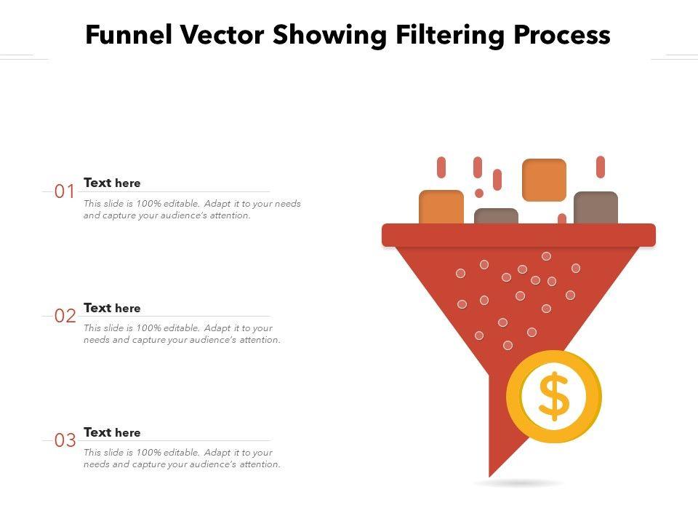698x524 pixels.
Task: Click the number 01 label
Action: click(x=65, y=192)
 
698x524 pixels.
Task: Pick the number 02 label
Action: click(x=65, y=317)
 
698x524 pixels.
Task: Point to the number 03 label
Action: click(x=65, y=441)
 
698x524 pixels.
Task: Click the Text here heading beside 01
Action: click(x=112, y=183)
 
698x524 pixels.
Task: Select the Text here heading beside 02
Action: click(x=112, y=308)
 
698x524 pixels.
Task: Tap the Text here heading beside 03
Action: click(x=112, y=432)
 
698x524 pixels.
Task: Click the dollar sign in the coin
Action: click(x=554, y=397)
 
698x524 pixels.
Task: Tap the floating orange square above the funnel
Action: click(x=544, y=180)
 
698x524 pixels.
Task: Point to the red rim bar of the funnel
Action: click(x=518, y=235)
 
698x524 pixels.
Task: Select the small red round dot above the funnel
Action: click(x=479, y=193)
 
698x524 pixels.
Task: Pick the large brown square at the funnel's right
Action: click(x=595, y=208)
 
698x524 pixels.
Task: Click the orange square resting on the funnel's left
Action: click(x=441, y=207)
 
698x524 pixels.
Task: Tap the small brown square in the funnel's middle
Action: click(x=496, y=216)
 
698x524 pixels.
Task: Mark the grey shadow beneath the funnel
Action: click(x=518, y=483)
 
